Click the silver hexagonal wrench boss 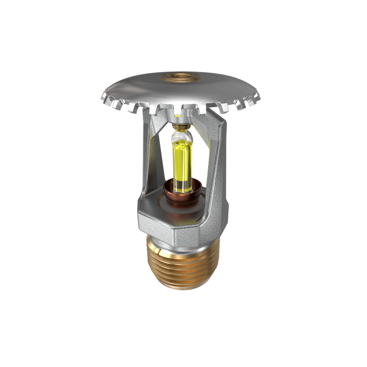click(x=183, y=225)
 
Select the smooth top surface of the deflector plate click(x=138, y=87)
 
